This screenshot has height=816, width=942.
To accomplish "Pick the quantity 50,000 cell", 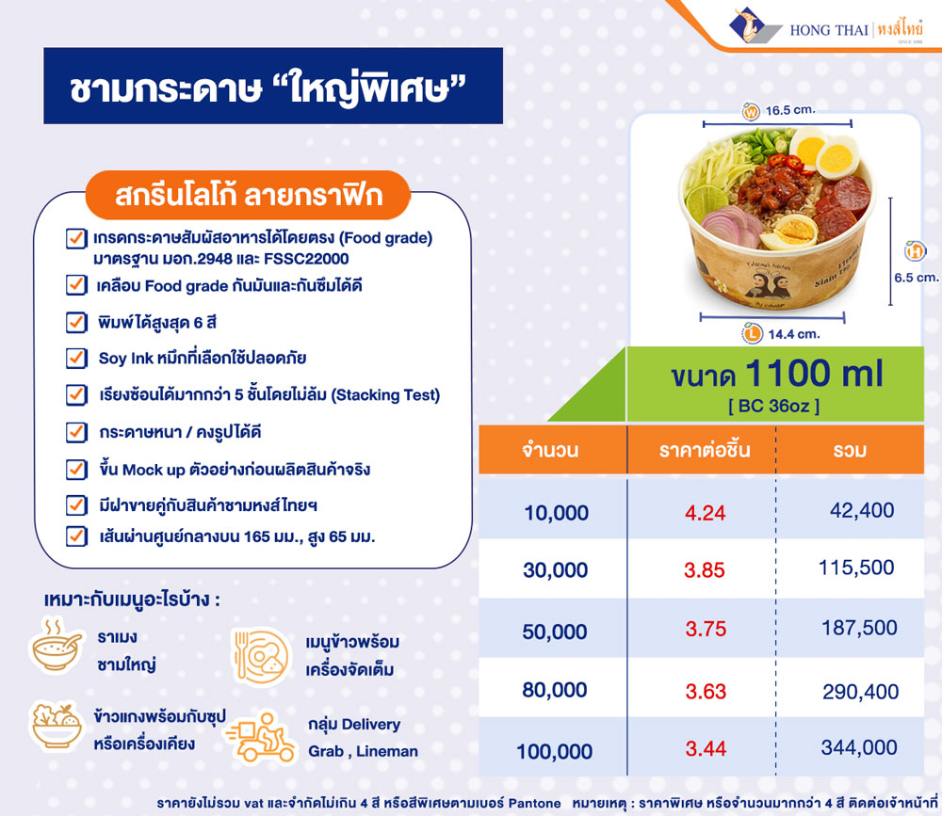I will [x=555, y=632].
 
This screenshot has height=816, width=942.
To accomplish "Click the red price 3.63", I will [x=706, y=691].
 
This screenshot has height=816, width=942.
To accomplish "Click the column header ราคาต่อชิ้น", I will [x=705, y=450].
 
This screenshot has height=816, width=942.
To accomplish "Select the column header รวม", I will [x=849, y=451].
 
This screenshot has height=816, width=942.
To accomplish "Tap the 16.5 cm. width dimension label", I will [x=789, y=110].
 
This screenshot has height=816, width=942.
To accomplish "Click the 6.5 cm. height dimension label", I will [x=916, y=277].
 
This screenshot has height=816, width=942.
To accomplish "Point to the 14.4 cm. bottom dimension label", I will [x=792, y=333].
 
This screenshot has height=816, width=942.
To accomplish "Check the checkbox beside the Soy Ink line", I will [x=76, y=359].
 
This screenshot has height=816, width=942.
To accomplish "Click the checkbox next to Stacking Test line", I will [x=76, y=394].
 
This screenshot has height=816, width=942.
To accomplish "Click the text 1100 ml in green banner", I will [x=813, y=374].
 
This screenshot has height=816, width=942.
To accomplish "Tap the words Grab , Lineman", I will [x=363, y=751].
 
